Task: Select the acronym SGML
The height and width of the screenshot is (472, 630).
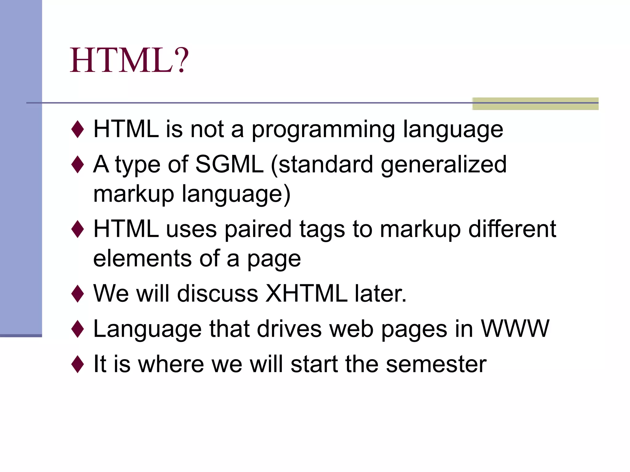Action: [x=229, y=164]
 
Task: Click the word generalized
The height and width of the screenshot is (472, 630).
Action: [x=444, y=165]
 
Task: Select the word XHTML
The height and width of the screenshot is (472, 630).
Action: [x=306, y=293]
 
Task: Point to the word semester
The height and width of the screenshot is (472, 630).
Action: [x=436, y=364]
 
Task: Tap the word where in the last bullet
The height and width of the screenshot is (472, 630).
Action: [x=171, y=364]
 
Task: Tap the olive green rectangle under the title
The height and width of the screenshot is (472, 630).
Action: [x=535, y=104]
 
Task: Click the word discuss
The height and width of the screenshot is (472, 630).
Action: [x=217, y=293]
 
